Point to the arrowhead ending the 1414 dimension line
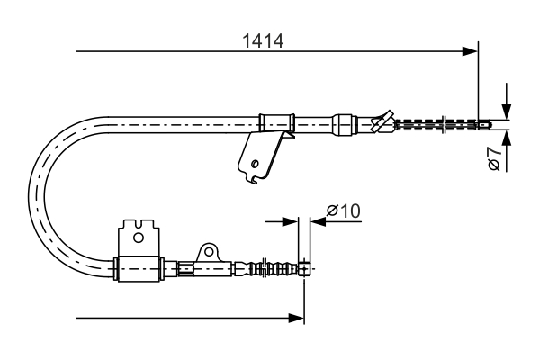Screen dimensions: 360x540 pyautogui.click(x=469, y=51)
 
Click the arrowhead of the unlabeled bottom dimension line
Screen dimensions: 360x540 pyautogui.click(x=296, y=317)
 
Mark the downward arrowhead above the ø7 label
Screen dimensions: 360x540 pyautogui.click(x=507, y=111)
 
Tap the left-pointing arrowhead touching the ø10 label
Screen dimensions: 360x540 pyautogui.click(x=318, y=220)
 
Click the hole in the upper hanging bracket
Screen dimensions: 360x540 pyautogui.click(x=256, y=164)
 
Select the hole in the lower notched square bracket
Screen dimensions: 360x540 pyautogui.click(x=138, y=238)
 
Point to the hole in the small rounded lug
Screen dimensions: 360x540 pyautogui.click(x=207, y=249)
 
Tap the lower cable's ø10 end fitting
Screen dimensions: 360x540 pyautogui.click(x=304, y=267)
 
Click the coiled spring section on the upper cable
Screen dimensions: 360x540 pyautogui.click(x=436, y=124)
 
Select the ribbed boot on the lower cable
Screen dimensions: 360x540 pyautogui.click(x=275, y=267)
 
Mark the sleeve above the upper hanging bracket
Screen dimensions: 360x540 pyautogui.click(x=277, y=121)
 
